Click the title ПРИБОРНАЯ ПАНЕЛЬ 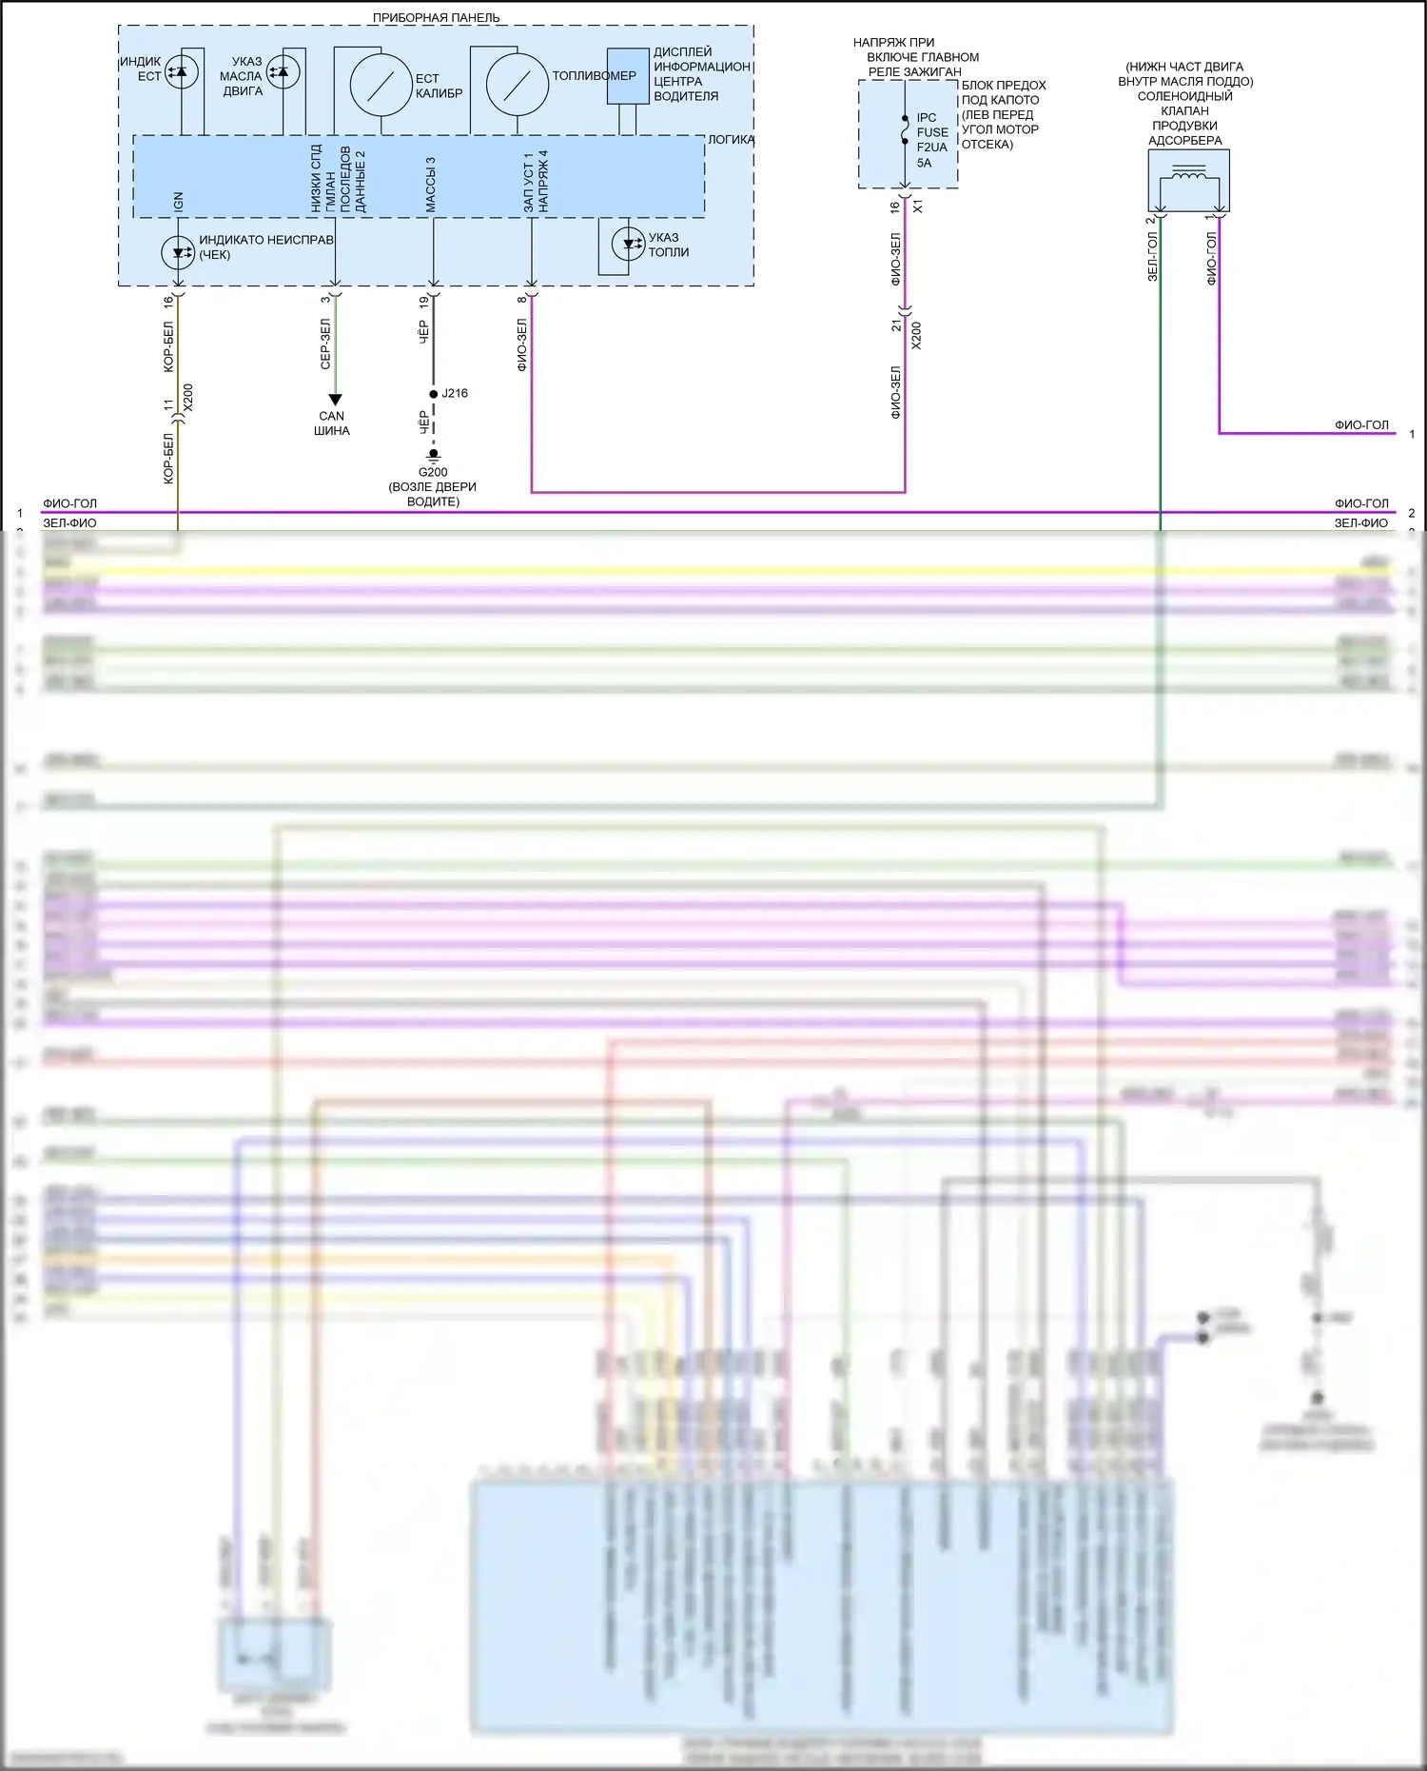(436, 17)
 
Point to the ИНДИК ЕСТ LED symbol (181, 72)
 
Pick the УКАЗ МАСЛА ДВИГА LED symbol (283, 71)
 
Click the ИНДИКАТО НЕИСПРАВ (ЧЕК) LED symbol (178, 253)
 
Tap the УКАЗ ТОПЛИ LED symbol (628, 244)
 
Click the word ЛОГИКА (731, 139)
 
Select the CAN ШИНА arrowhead (335, 400)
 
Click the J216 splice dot (434, 394)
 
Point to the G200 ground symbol (434, 456)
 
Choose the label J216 (455, 393)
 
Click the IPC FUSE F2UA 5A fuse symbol (905, 130)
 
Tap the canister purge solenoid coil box (1188, 180)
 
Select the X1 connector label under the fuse (918, 206)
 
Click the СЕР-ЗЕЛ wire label (325, 344)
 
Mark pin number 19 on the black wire (424, 302)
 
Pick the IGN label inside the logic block (178, 202)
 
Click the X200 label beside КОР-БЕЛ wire (187, 397)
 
